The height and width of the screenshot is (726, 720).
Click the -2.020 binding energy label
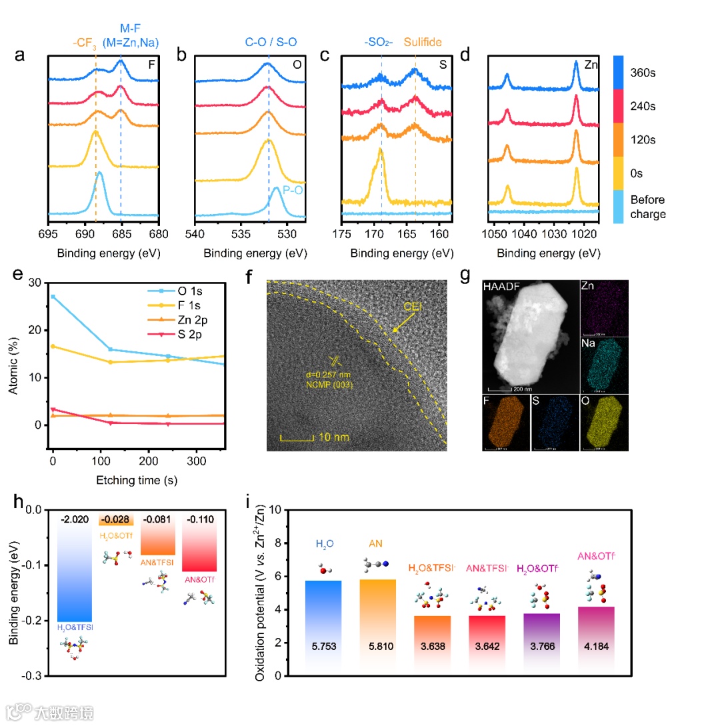click(75, 519)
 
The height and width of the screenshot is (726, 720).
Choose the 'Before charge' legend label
click(648, 207)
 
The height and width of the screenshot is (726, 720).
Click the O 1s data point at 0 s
click(53, 297)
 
